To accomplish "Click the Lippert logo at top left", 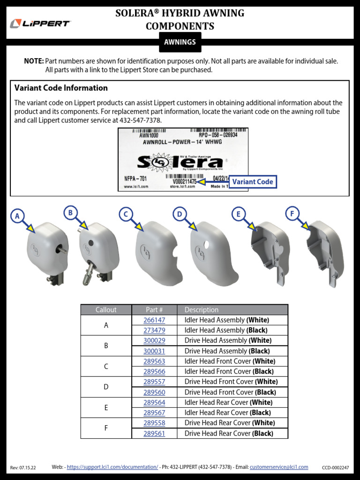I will pyautogui.click(x=40, y=23).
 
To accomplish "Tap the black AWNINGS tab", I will pyautogui.click(x=180, y=42).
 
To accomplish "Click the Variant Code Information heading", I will pyautogui.click(x=61, y=88).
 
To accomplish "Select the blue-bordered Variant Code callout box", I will pyautogui.click(x=252, y=182).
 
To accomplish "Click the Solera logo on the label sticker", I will pyautogui.click(x=180, y=162).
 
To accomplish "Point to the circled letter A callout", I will pyautogui.click(x=17, y=216).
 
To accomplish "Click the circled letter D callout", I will pyautogui.click(x=179, y=214).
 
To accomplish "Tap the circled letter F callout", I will pyautogui.click(x=292, y=214).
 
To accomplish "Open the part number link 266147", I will pyautogui.click(x=154, y=320).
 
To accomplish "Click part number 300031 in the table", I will pyautogui.click(x=154, y=351).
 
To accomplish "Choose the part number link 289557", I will pyautogui.click(x=154, y=382).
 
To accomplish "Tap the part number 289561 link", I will pyautogui.click(x=154, y=434).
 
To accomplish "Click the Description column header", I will pyautogui.click(x=202, y=310).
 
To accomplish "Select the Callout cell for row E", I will pyautogui.click(x=106, y=408).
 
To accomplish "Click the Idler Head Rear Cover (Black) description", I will pyautogui.click(x=227, y=413).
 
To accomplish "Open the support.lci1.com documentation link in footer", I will pyautogui.click(x=112, y=467).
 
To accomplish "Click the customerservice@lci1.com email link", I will pyautogui.click(x=279, y=467).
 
